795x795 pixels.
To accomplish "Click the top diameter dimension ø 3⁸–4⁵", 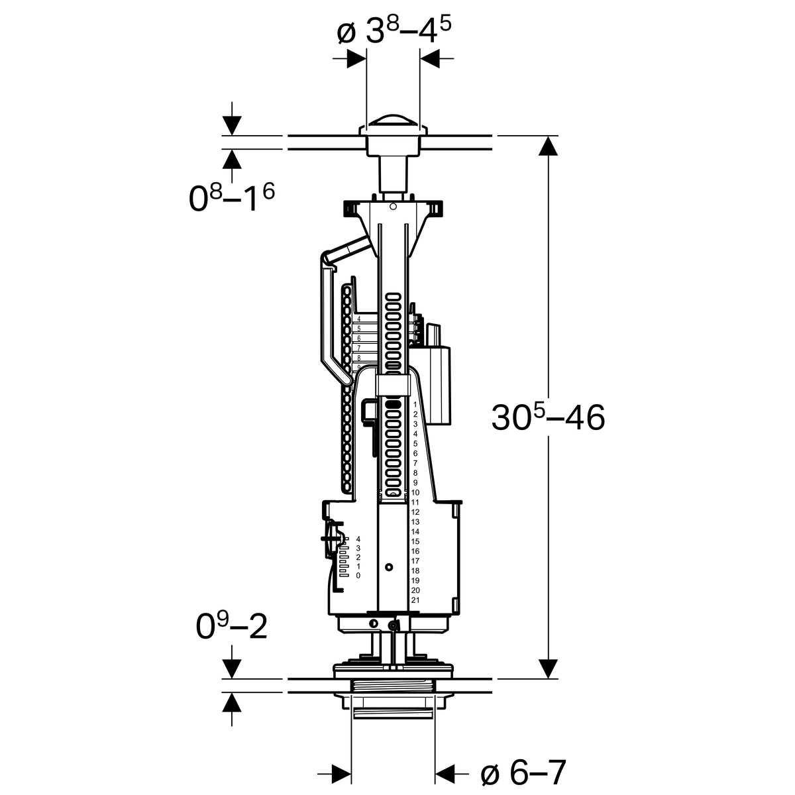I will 394,32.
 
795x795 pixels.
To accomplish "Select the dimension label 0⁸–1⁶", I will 232,198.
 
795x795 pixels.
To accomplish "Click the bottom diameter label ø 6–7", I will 523,772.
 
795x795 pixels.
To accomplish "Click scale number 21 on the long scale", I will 415,600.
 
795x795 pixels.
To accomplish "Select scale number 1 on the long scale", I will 415,404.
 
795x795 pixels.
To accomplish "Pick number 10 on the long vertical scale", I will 415,492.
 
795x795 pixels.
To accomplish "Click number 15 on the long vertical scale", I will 415,541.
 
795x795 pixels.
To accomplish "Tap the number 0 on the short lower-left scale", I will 358,576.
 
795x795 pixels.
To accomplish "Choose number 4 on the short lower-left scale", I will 358,539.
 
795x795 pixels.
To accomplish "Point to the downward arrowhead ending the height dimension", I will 547,668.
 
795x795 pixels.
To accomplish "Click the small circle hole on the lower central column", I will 388,568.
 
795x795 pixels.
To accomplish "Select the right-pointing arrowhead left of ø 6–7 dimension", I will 341,772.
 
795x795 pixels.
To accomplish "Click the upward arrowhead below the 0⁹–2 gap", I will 232,702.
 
